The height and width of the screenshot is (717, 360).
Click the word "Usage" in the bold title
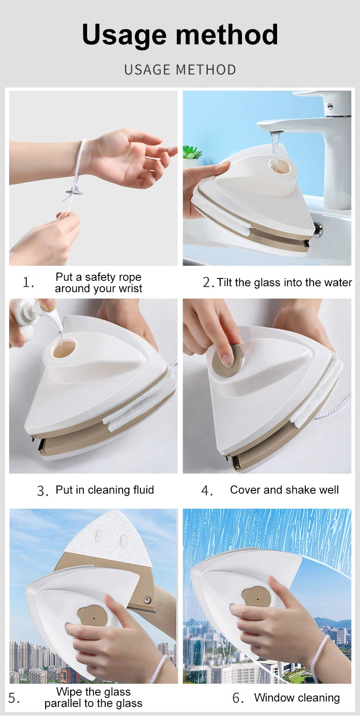(x=124, y=35)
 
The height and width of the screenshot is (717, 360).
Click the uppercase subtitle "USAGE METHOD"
(x=180, y=70)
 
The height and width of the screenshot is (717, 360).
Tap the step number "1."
(x=28, y=283)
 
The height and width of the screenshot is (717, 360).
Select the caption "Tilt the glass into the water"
(x=284, y=283)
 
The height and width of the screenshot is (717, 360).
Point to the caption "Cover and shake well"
(x=284, y=490)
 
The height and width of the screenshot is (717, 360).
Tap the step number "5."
(x=14, y=698)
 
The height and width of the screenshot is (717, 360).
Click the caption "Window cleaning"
(x=297, y=698)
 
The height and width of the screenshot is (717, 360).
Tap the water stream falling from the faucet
(x=275, y=150)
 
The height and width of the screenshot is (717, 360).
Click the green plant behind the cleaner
(x=191, y=153)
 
